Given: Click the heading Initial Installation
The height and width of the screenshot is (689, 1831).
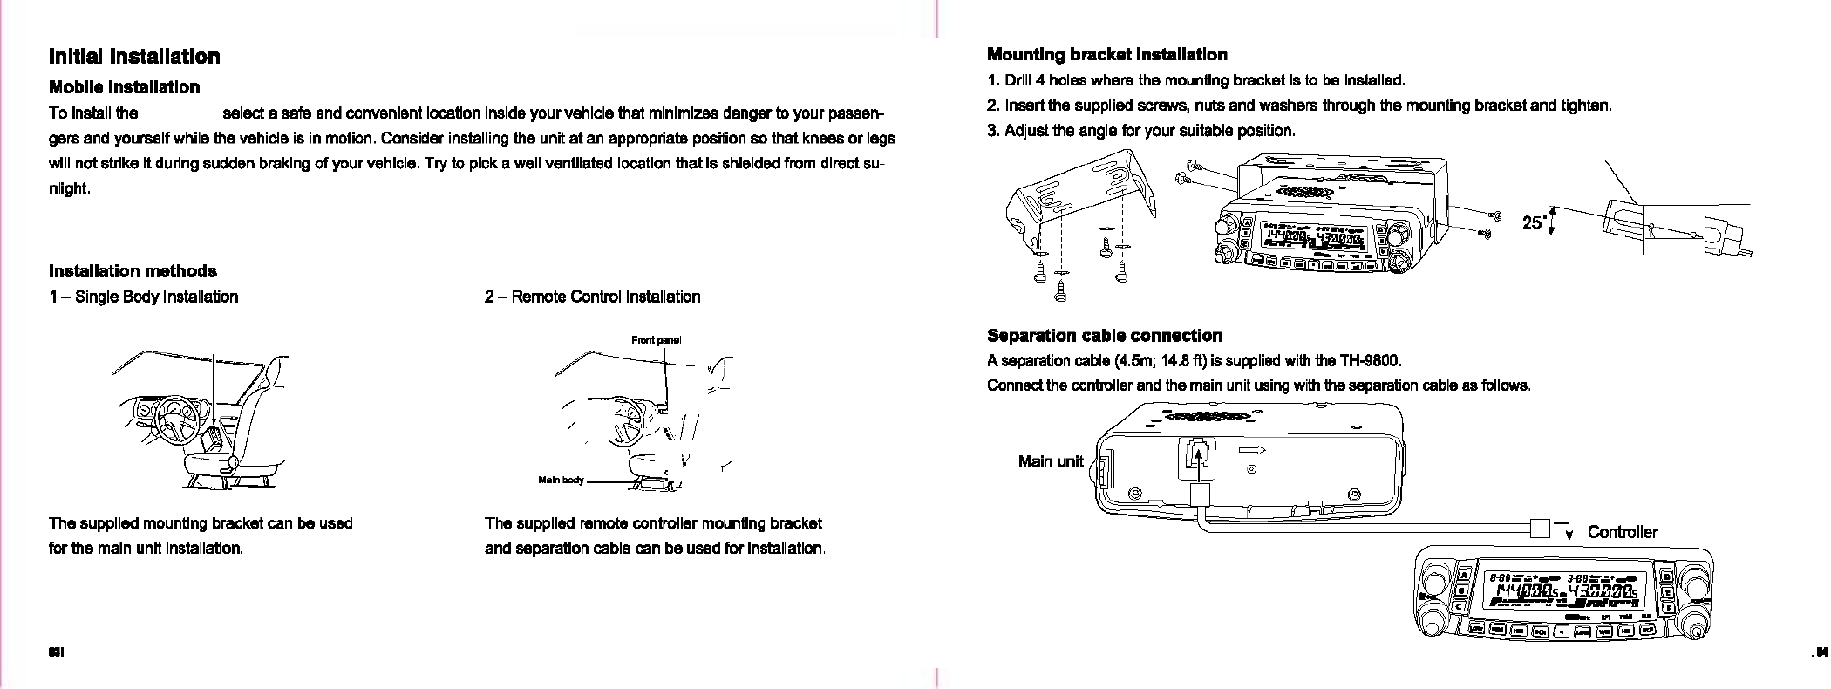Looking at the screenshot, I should pos(134,57).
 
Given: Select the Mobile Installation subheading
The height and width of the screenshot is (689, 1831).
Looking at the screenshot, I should pos(124,87).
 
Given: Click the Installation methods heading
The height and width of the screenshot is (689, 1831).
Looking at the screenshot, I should pos(133,271).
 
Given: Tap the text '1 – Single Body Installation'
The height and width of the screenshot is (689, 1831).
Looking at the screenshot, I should pos(143,297).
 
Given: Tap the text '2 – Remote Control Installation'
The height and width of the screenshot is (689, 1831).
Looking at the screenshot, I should pos(592,297).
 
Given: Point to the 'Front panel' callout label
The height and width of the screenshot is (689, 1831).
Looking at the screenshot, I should pos(656,339).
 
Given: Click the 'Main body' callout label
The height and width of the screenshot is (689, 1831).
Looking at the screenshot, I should pos(561,481).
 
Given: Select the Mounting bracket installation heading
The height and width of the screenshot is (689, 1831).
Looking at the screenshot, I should pos(1106,54).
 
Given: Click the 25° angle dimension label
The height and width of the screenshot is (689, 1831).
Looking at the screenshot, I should pos(1533,222).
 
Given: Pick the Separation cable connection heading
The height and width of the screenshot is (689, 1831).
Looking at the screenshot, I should pos(1104,336).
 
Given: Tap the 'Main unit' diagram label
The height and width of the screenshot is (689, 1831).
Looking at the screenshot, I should pos(1050,461).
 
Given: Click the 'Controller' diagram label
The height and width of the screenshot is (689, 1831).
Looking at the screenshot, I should pos(1622,531).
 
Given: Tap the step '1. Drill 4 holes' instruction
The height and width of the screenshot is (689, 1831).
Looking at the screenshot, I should pos(1195,81).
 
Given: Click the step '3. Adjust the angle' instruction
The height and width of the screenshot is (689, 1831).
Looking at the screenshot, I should pos(1140,131).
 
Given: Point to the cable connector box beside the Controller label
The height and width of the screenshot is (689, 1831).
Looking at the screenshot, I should pos(1540,528).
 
